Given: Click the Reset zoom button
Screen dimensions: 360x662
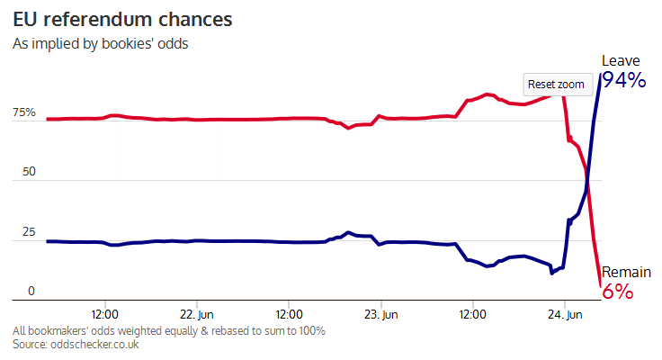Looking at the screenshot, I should tap(556, 84).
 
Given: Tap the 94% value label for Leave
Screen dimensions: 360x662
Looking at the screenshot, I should tap(623, 80).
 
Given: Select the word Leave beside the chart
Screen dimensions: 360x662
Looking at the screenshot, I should tap(621, 60).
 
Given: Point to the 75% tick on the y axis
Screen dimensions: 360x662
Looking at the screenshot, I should tap(24, 113).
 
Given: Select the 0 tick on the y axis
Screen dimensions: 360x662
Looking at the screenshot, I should tap(31, 291).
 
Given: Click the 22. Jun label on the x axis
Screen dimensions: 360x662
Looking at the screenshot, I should tap(197, 315).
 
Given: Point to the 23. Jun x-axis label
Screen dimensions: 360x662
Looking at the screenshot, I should tap(380, 315).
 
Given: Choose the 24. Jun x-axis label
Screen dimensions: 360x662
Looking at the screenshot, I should tap(564, 315).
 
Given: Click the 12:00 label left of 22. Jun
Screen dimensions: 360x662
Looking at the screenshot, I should tap(105, 315).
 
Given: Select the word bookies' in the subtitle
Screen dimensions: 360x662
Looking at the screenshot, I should tap(126, 43).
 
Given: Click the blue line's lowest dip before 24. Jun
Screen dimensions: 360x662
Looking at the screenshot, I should tap(552, 272).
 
